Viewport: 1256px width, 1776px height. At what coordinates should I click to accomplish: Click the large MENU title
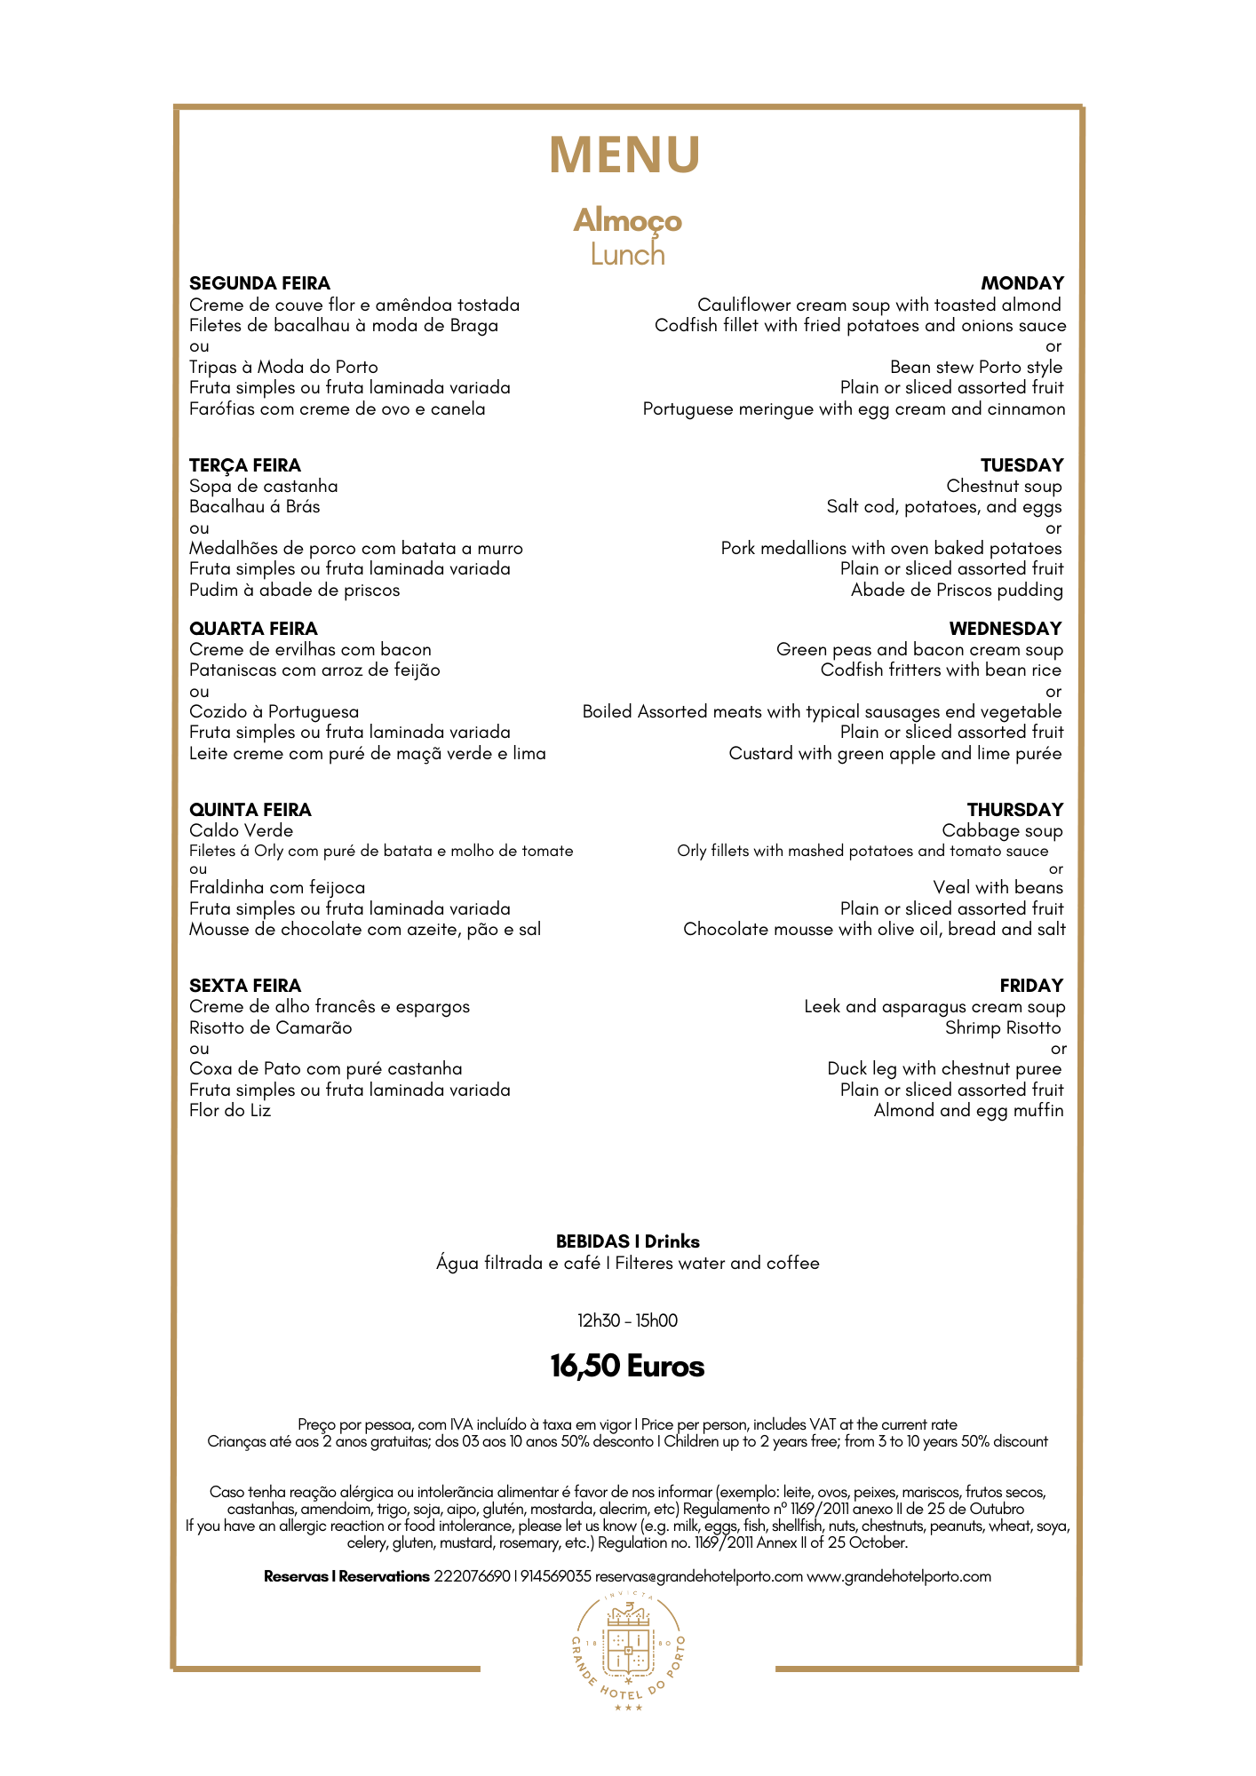(625, 155)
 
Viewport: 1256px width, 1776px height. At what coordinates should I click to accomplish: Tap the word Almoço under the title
(627, 220)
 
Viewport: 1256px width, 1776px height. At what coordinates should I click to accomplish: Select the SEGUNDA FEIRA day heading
(259, 283)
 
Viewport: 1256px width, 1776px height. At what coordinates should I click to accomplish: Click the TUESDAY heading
(1021, 465)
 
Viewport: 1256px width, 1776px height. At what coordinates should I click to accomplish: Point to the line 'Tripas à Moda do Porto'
(283, 367)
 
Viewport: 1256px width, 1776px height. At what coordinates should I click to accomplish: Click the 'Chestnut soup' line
(1004, 486)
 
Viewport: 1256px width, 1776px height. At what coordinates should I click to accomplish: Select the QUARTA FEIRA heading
(253, 629)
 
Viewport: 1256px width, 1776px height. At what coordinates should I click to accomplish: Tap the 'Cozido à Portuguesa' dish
(274, 711)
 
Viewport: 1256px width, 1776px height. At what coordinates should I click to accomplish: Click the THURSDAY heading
(1014, 810)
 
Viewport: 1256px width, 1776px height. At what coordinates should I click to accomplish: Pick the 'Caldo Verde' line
(241, 830)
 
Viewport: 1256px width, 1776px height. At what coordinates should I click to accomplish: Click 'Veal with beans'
(998, 887)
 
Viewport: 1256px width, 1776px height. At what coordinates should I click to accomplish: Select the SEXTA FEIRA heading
(245, 986)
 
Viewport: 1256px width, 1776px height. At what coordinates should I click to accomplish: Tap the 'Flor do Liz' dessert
(230, 1110)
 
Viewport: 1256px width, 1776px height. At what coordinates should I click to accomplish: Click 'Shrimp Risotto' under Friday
(1003, 1027)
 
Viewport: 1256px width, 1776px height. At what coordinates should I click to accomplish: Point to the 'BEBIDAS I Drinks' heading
(627, 1241)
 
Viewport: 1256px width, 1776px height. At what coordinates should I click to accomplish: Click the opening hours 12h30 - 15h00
(627, 1320)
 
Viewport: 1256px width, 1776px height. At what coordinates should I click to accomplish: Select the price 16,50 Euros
(627, 1366)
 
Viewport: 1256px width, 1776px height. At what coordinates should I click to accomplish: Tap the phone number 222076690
(472, 1576)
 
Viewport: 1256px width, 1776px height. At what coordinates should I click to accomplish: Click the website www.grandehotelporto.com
(898, 1576)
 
